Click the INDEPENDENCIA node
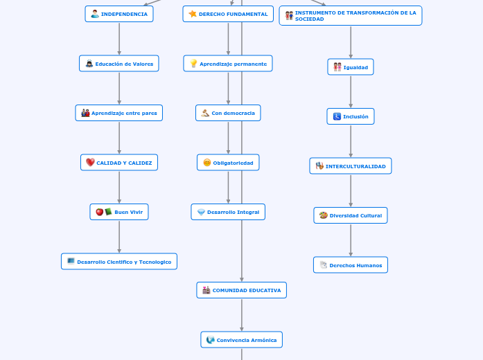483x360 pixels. (119, 14)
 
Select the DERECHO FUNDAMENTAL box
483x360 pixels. (228, 14)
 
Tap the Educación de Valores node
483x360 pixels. (119, 64)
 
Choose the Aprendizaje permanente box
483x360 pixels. (228, 64)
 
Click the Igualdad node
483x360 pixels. (351, 67)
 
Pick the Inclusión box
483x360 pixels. (351, 117)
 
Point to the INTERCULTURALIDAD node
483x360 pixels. (351, 166)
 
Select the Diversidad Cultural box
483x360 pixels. (351, 215)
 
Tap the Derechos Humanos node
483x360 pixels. (351, 265)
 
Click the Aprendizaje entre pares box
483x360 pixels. (119, 113)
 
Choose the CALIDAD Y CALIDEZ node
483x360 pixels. (119, 163)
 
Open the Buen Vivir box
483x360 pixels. (119, 212)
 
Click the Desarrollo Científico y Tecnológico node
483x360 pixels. (119, 262)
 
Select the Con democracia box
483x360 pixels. (228, 113)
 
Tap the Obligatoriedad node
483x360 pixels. (228, 163)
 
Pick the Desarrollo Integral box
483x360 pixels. (228, 212)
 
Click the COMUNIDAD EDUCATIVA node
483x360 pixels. (242, 290)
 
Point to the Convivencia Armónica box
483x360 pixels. (242, 340)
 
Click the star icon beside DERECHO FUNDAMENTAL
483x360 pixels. (193, 14)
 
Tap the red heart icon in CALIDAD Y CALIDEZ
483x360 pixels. (90, 163)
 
